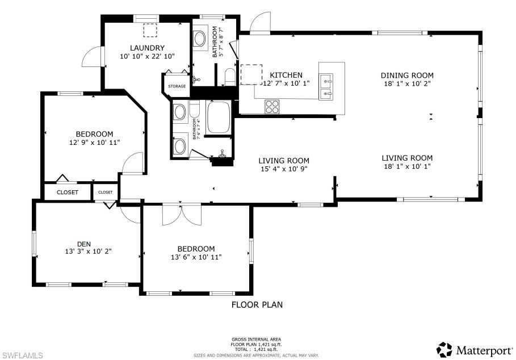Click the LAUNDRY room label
(146, 48)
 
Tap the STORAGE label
(177, 86)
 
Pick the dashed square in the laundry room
(150, 30)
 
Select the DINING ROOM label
(407, 75)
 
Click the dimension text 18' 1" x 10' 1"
(407, 166)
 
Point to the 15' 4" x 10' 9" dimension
(284, 169)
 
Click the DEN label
(84, 244)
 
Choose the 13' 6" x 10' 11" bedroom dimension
(196, 257)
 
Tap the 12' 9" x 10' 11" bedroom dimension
(95, 143)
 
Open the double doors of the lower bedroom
(182, 215)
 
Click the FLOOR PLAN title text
(257, 305)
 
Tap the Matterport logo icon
(444, 348)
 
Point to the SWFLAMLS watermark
(22, 355)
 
